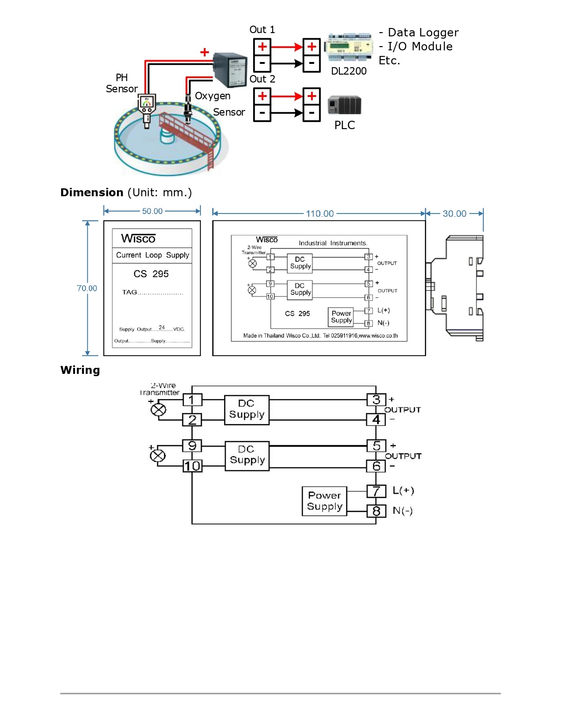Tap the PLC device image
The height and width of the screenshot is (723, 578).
click(x=344, y=105)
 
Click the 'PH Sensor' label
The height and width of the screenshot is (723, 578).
click(x=122, y=83)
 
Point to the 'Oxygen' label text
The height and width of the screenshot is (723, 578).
click(x=213, y=96)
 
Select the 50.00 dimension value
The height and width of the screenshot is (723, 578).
click(x=152, y=211)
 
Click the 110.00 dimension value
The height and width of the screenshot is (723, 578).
click(x=320, y=213)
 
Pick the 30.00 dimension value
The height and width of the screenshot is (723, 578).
click(x=454, y=213)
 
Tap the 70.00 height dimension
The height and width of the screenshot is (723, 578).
click(x=87, y=289)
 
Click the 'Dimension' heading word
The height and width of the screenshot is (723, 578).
click(x=92, y=193)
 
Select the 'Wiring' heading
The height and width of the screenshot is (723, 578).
click(x=80, y=370)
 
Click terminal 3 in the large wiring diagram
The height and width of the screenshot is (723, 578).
click(x=376, y=400)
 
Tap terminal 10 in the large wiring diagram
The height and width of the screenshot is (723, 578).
click(x=192, y=466)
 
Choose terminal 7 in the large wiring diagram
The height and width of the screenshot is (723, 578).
click(x=376, y=491)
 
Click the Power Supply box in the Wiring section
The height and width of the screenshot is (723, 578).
click(x=325, y=501)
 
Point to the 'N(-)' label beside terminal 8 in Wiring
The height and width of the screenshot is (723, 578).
click(x=403, y=511)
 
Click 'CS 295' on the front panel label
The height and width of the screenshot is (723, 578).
click(x=151, y=274)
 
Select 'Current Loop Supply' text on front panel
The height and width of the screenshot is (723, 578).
click(x=152, y=255)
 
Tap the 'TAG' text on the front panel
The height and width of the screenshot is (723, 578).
click(x=130, y=292)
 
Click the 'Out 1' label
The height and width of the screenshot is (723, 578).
click(x=262, y=30)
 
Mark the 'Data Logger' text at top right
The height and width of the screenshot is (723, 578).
click(x=423, y=33)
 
